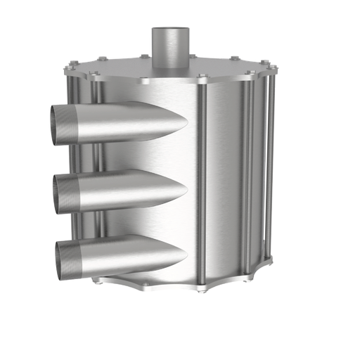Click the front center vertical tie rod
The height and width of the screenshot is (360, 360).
pos(202,183)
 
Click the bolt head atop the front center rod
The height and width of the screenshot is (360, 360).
pos(202,75)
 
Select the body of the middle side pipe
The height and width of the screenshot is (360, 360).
pos(120,190)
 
